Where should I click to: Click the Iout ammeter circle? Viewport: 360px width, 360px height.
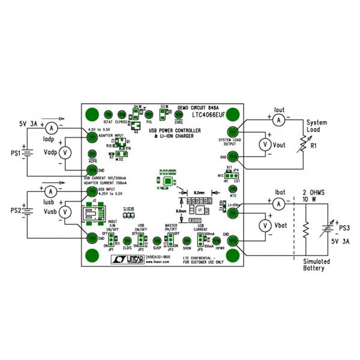pos(278,120)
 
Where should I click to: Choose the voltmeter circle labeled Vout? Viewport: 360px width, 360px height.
pos(262,144)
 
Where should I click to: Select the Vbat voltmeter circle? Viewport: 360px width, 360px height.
pos(262,225)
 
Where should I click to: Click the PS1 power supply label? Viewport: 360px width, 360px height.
pos(14,154)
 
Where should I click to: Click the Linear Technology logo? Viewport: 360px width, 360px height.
pos(127,257)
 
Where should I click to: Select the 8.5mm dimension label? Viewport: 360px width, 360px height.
pos(200,193)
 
